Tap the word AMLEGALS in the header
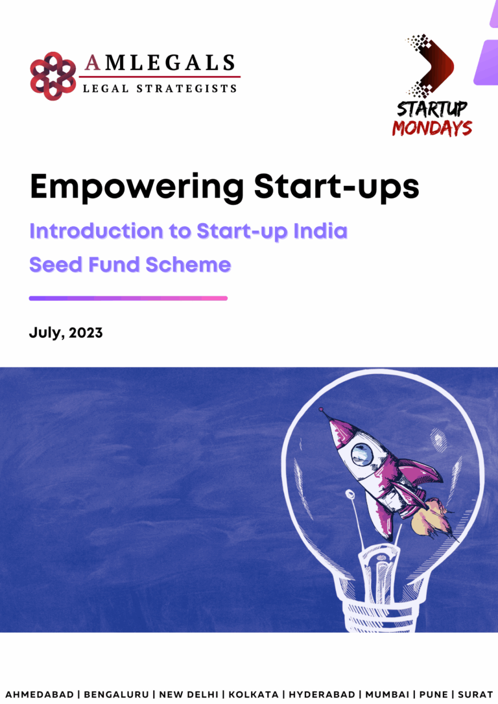click(x=160, y=63)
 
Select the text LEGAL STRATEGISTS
click(x=160, y=88)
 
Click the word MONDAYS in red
click(x=431, y=128)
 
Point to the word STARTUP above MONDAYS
click(x=432, y=108)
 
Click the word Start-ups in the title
click(x=337, y=187)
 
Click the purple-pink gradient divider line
click(x=128, y=298)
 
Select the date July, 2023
click(x=65, y=333)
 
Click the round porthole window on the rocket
click(x=362, y=455)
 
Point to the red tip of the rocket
click(x=321, y=410)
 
